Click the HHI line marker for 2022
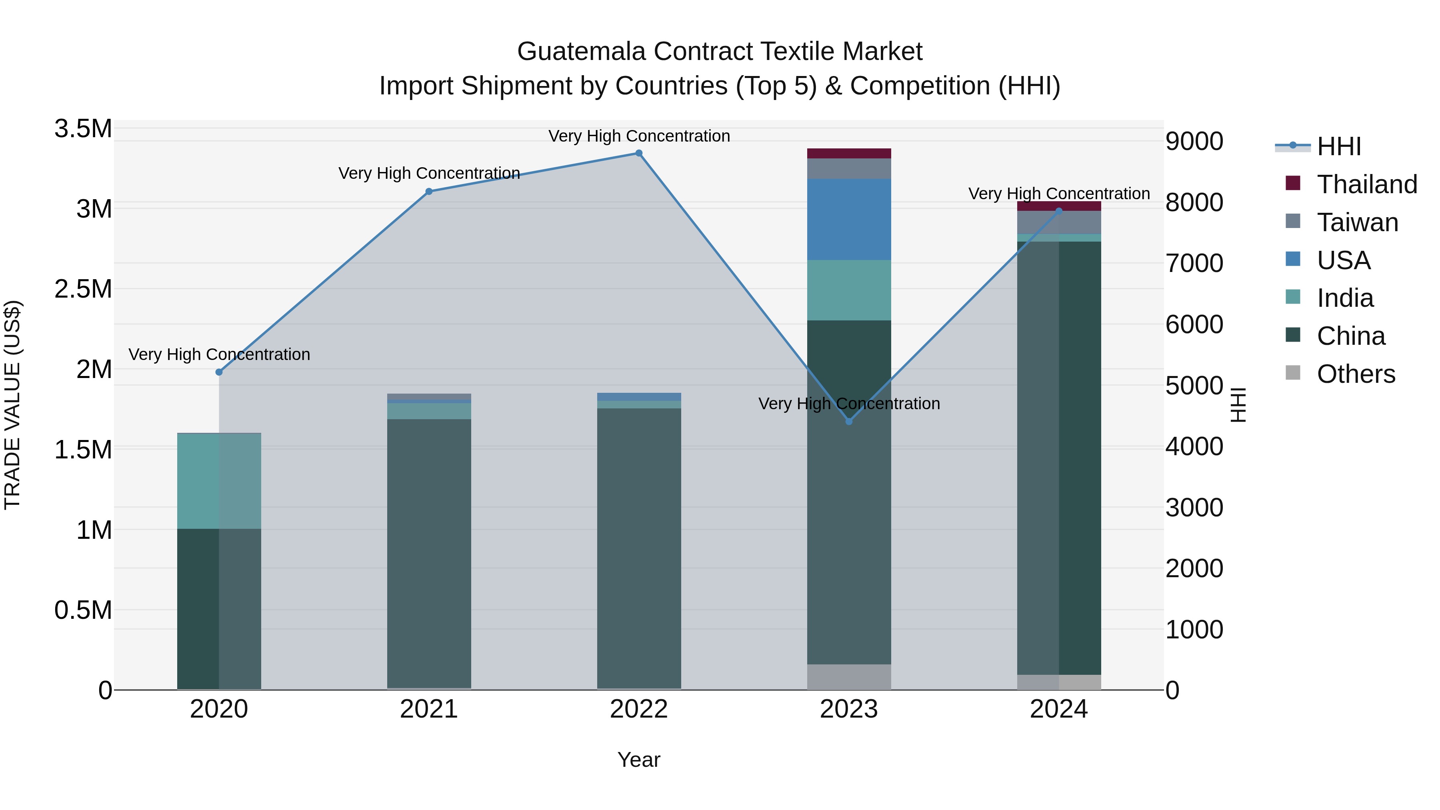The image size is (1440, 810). coord(639,153)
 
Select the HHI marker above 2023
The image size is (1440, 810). coord(849,422)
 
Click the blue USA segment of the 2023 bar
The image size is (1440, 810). coord(849,220)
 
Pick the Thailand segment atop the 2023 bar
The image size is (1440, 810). coord(849,154)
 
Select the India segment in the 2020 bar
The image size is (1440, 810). coord(219,481)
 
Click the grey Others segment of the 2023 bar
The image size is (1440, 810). coord(849,677)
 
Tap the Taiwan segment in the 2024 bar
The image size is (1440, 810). coord(1059,222)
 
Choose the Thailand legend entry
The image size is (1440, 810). coord(1367,184)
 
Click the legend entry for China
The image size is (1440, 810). coord(1350,336)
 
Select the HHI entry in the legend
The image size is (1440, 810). coord(1338,146)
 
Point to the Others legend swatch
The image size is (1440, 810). coord(1293,373)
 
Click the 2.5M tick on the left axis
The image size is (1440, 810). coord(83,289)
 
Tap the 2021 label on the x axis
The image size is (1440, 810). coord(429,709)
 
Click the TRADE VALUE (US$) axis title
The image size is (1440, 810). coord(12,405)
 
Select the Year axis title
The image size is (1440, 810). coord(639,760)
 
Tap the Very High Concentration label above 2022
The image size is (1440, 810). coord(639,136)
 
